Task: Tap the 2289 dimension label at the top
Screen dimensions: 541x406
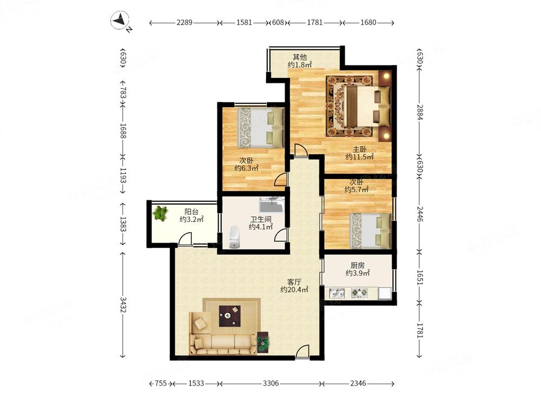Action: pyautogui.click(x=184, y=22)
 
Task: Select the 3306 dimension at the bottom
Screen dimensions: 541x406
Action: pyautogui.click(x=271, y=383)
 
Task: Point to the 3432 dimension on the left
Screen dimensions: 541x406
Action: pyautogui.click(x=123, y=304)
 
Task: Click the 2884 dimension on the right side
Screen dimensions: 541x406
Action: pyautogui.click(x=420, y=112)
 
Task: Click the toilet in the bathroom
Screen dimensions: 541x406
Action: pyautogui.click(x=234, y=237)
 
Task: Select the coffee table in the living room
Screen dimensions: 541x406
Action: pyautogui.click(x=230, y=316)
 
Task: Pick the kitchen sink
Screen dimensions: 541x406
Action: pyautogui.click(x=337, y=293)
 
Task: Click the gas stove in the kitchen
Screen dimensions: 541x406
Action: pyautogui.click(x=360, y=293)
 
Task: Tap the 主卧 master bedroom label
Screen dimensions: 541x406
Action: pyautogui.click(x=359, y=149)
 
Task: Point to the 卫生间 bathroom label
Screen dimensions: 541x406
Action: pyautogui.click(x=261, y=219)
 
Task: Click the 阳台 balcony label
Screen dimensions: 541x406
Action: pyautogui.click(x=191, y=211)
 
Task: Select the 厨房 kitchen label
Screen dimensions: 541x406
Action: pyautogui.click(x=358, y=265)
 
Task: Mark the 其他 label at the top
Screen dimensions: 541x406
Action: pyautogui.click(x=300, y=57)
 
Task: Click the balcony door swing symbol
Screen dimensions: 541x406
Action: pyautogui.click(x=185, y=239)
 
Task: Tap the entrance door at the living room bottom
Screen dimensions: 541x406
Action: pyautogui.click(x=302, y=352)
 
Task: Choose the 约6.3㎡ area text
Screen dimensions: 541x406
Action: pyautogui.click(x=246, y=168)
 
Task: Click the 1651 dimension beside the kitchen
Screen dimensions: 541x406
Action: pyautogui.click(x=420, y=277)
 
